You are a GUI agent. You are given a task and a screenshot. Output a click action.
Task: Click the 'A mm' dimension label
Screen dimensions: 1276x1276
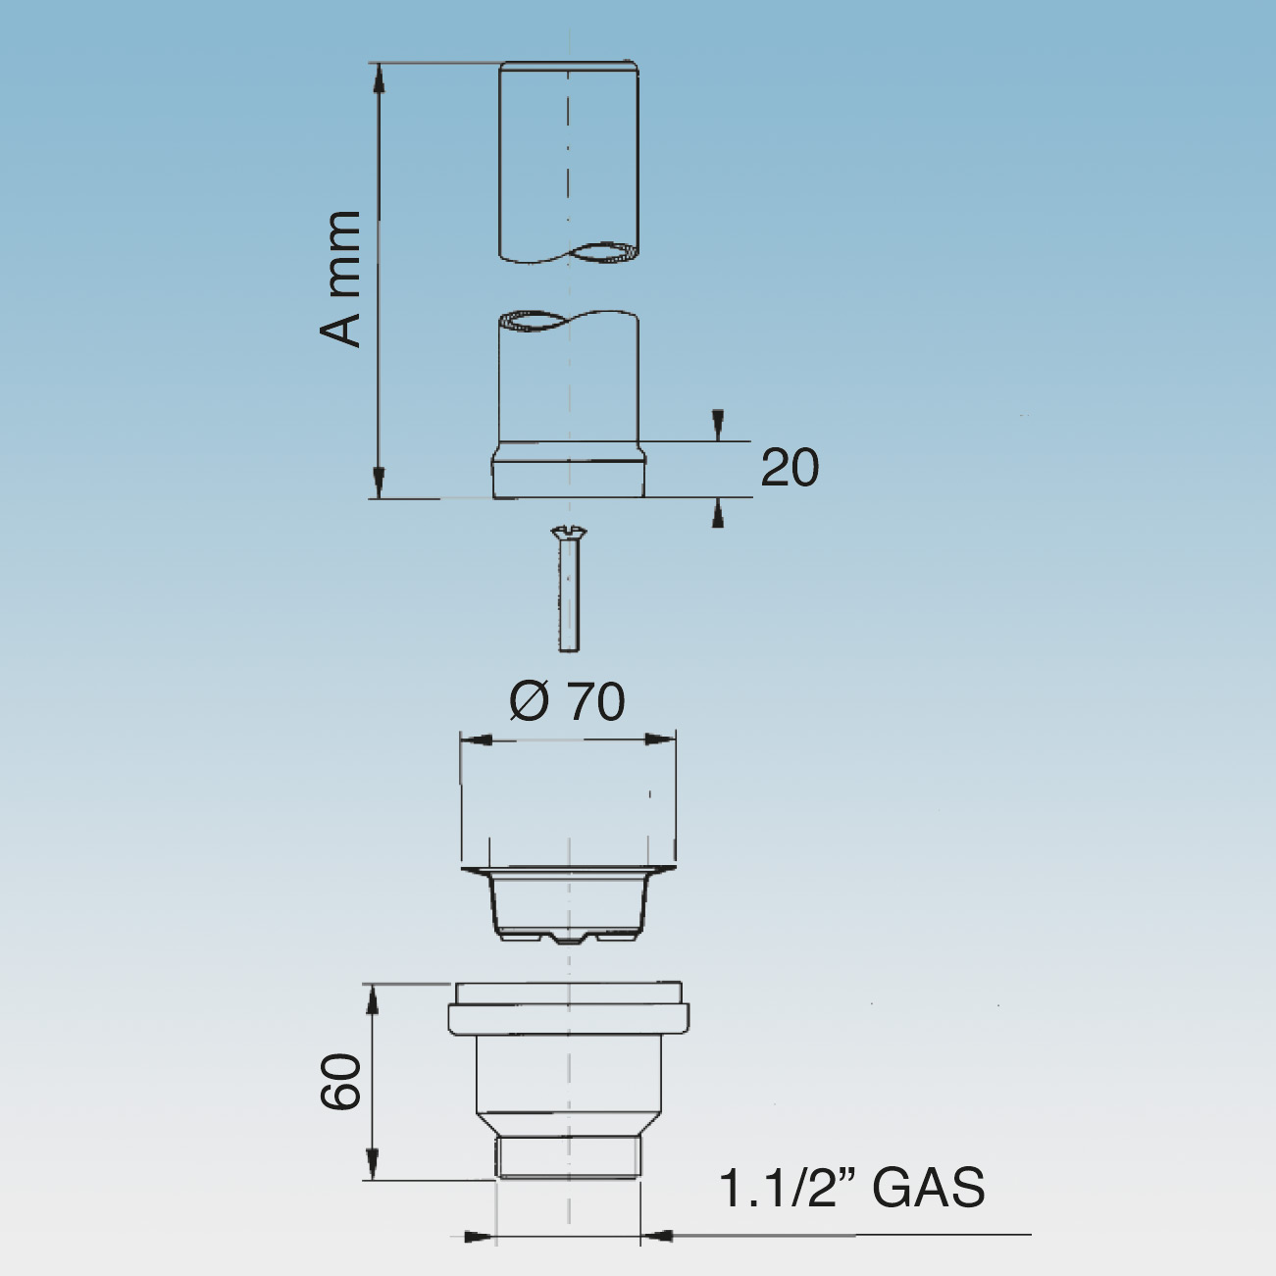coord(340,279)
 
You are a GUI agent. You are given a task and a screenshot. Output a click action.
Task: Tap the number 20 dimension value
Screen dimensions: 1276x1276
coord(790,468)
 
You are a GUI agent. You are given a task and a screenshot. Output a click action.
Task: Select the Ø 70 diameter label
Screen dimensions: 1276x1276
coord(568,702)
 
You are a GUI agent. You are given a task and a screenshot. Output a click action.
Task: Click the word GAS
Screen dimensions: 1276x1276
coord(929,1188)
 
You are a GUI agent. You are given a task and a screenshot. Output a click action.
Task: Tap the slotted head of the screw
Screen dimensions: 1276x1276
coord(569,531)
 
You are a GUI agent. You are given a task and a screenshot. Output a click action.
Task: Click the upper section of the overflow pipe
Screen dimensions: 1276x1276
coord(569,162)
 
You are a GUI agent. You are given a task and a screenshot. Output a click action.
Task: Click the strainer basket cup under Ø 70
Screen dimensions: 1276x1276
coord(569,904)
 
